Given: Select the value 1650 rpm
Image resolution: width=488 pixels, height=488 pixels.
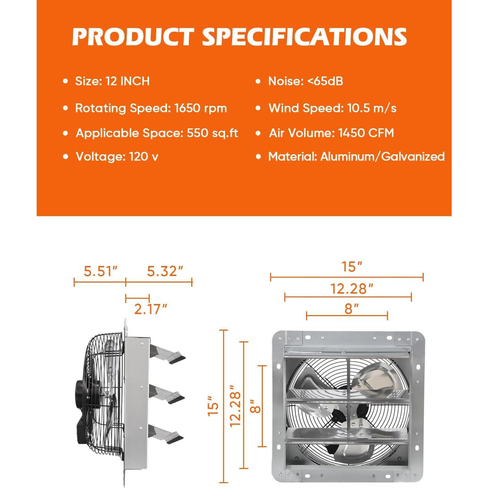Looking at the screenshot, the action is click(201, 108).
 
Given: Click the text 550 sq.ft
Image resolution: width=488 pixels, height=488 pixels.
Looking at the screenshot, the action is click(212, 133).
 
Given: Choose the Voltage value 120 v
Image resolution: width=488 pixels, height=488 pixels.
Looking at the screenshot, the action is click(144, 156).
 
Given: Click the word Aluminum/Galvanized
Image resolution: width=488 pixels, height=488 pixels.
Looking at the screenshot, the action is click(383, 157).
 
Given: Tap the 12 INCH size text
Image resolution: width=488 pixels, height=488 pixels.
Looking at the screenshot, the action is click(128, 81).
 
